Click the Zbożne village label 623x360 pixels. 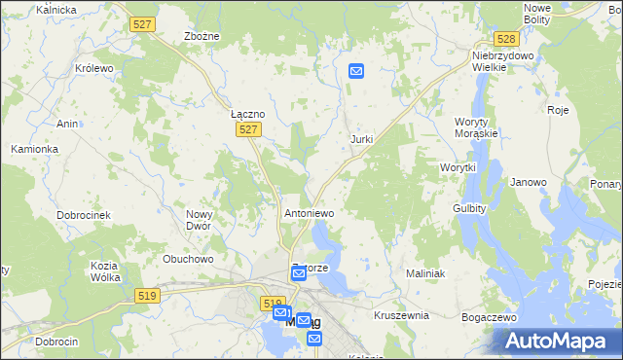coord(202,36)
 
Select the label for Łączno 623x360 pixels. coord(248,113)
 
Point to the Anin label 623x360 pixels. coord(67,124)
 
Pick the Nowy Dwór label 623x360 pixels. coord(199,220)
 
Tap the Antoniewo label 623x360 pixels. coord(309,212)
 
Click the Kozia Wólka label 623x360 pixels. coord(104,271)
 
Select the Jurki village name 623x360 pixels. coord(361,139)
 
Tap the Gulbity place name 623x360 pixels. coord(469,208)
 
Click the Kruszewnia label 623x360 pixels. coord(401,316)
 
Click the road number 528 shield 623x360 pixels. coord(505,39)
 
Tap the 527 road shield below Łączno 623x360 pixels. coord(249,129)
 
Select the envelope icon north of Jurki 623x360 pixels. coord(356,71)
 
